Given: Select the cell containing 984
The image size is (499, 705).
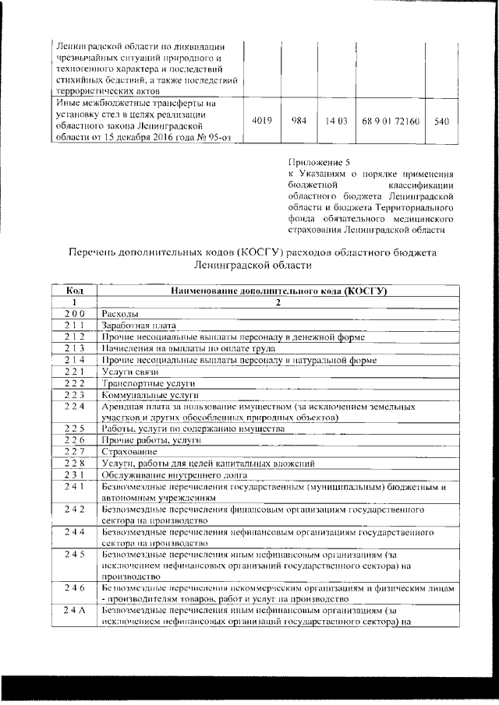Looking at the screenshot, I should click(x=298, y=122).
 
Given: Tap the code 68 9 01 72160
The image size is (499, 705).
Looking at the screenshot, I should click(x=391, y=122).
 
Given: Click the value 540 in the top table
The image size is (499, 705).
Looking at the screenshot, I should click(x=441, y=122).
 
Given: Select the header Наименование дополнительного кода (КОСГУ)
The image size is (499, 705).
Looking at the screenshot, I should click(x=278, y=291).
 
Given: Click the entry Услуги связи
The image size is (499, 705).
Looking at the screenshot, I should click(x=124, y=372).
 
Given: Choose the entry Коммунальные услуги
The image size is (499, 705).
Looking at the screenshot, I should click(x=146, y=395).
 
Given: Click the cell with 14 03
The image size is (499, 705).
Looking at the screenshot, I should click(x=334, y=122).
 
